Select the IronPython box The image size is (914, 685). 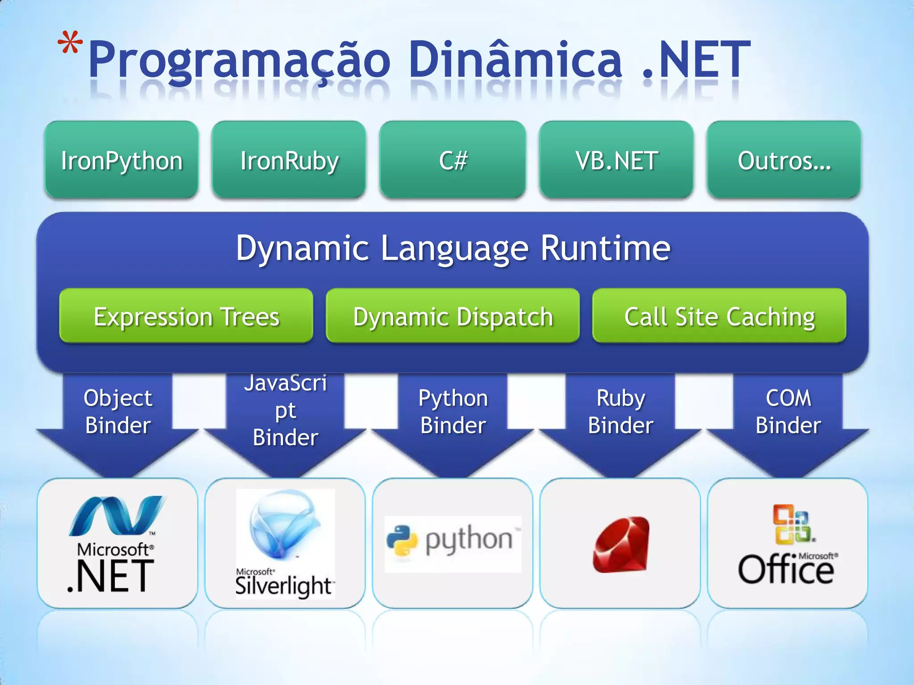(x=121, y=160)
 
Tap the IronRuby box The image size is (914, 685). (x=289, y=160)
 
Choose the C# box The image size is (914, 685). (x=453, y=160)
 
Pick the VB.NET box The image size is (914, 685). (x=616, y=160)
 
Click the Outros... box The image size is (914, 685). (x=784, y=160)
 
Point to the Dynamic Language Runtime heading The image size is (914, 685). (x=453, y=248)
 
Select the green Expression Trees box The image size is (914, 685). (x=186, y=316)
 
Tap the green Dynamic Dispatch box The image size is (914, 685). (x=453, y=316)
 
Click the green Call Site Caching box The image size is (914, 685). (x=719, y=316)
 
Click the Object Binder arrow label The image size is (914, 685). (x=118, y=411)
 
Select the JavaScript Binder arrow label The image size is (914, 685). (x=286, y=410)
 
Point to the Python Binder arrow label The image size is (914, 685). (x=453, y=411)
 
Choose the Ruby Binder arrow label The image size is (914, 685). (x=620, y=411)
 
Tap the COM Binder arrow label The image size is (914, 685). (x=788, y=411)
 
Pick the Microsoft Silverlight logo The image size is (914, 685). (x=285, y=544)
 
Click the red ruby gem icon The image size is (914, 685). (x=621, y=544)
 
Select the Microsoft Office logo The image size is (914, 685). (x=788, y=545)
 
